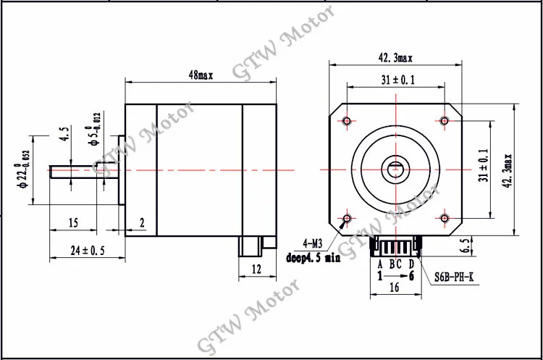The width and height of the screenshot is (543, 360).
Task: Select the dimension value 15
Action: (x=72, y=224)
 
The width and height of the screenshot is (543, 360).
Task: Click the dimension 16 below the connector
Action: (x=395, y=288)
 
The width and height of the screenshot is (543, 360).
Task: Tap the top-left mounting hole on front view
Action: (x=347, y=120)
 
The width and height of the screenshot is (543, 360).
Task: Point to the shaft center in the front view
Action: (x=395, y=169)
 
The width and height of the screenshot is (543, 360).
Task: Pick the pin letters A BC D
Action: (x=395, y=263)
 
